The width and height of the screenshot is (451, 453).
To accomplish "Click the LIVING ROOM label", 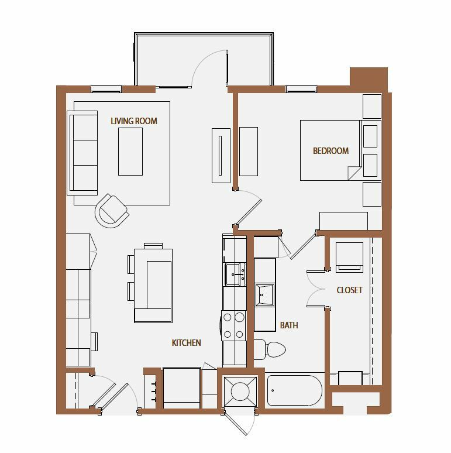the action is click(x=134, y=121).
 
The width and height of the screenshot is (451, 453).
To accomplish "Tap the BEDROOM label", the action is click(x=330, y=150).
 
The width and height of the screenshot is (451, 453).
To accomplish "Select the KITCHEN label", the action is click(x=186, y=342).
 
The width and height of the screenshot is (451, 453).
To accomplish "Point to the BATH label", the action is click(x=289, y=325).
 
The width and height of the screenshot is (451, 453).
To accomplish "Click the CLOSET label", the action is click(x=349, y=290).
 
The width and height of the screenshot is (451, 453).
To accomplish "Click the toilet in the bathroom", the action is click(x=270, y=349).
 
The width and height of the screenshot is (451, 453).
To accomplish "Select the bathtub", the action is click(x=294, y=390).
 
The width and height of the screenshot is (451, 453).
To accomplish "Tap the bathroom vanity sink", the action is click(x=264, y=295).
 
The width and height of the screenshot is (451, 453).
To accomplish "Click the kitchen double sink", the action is click(x=235, y=274).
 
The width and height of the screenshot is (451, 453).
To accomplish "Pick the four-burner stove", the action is click(x=233, y=325).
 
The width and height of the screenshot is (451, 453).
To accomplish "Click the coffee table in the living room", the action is click(x=130, y=152).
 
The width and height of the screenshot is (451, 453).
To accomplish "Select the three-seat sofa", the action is click(x=82, y=153).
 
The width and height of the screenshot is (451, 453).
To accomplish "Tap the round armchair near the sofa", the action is click(x=112, y=211).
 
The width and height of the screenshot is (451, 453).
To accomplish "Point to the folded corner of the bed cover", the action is click(x=354, y=173).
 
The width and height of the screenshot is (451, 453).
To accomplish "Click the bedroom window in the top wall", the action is click(x=301, y=90).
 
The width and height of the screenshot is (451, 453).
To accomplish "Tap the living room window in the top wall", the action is click(x=106, y=90).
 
